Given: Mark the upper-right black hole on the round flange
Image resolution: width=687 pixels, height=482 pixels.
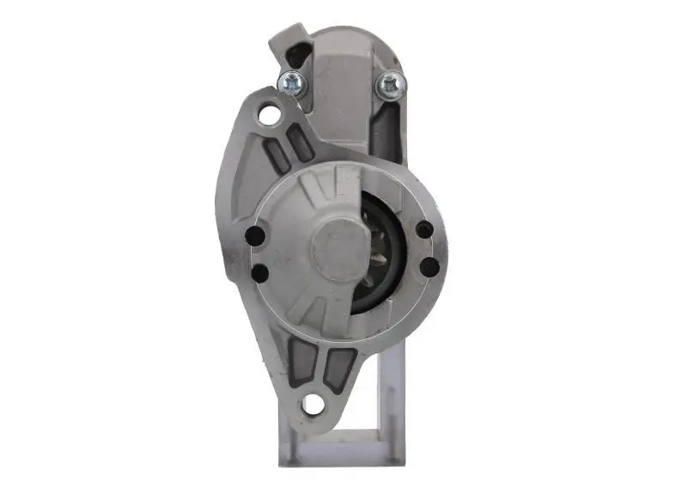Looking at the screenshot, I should pyautogui.click(x=423, y=229).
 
